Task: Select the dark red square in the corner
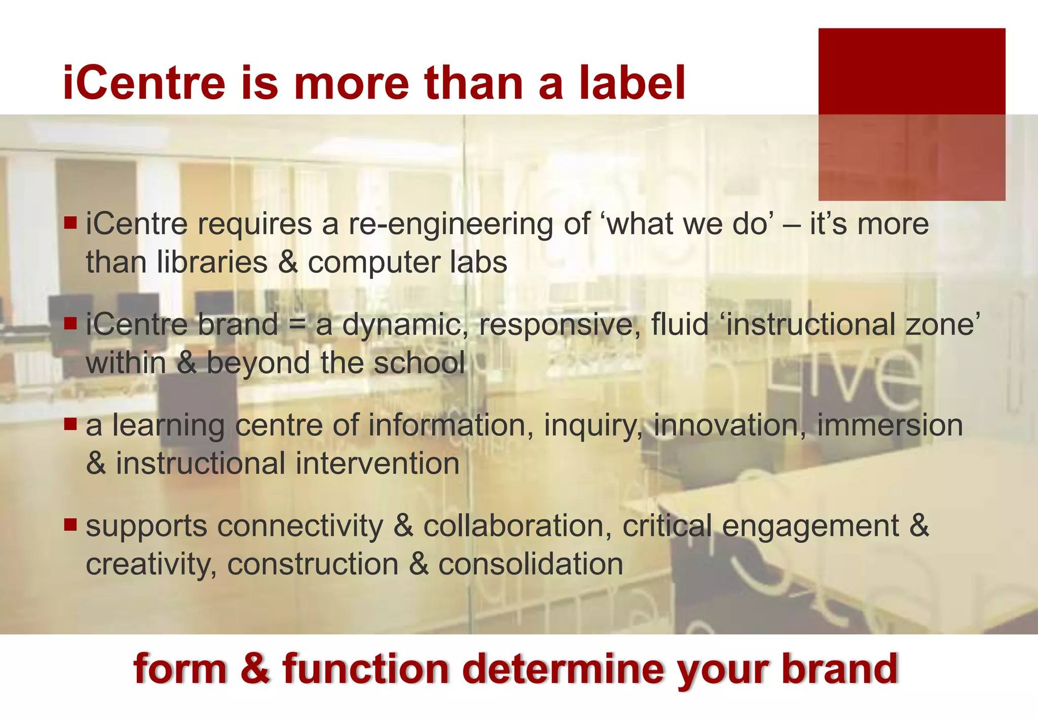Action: click(911, 114)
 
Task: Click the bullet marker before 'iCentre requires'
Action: click(70, 222)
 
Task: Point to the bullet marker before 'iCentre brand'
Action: click(70, 322)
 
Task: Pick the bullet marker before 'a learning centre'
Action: click(70, 423)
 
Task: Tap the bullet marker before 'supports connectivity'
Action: click(70, 524)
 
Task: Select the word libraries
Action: click(212, 263)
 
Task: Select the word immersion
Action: click(889, 425)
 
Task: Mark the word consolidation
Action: click(530, 564)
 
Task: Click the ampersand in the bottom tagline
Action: click(255, 669)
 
